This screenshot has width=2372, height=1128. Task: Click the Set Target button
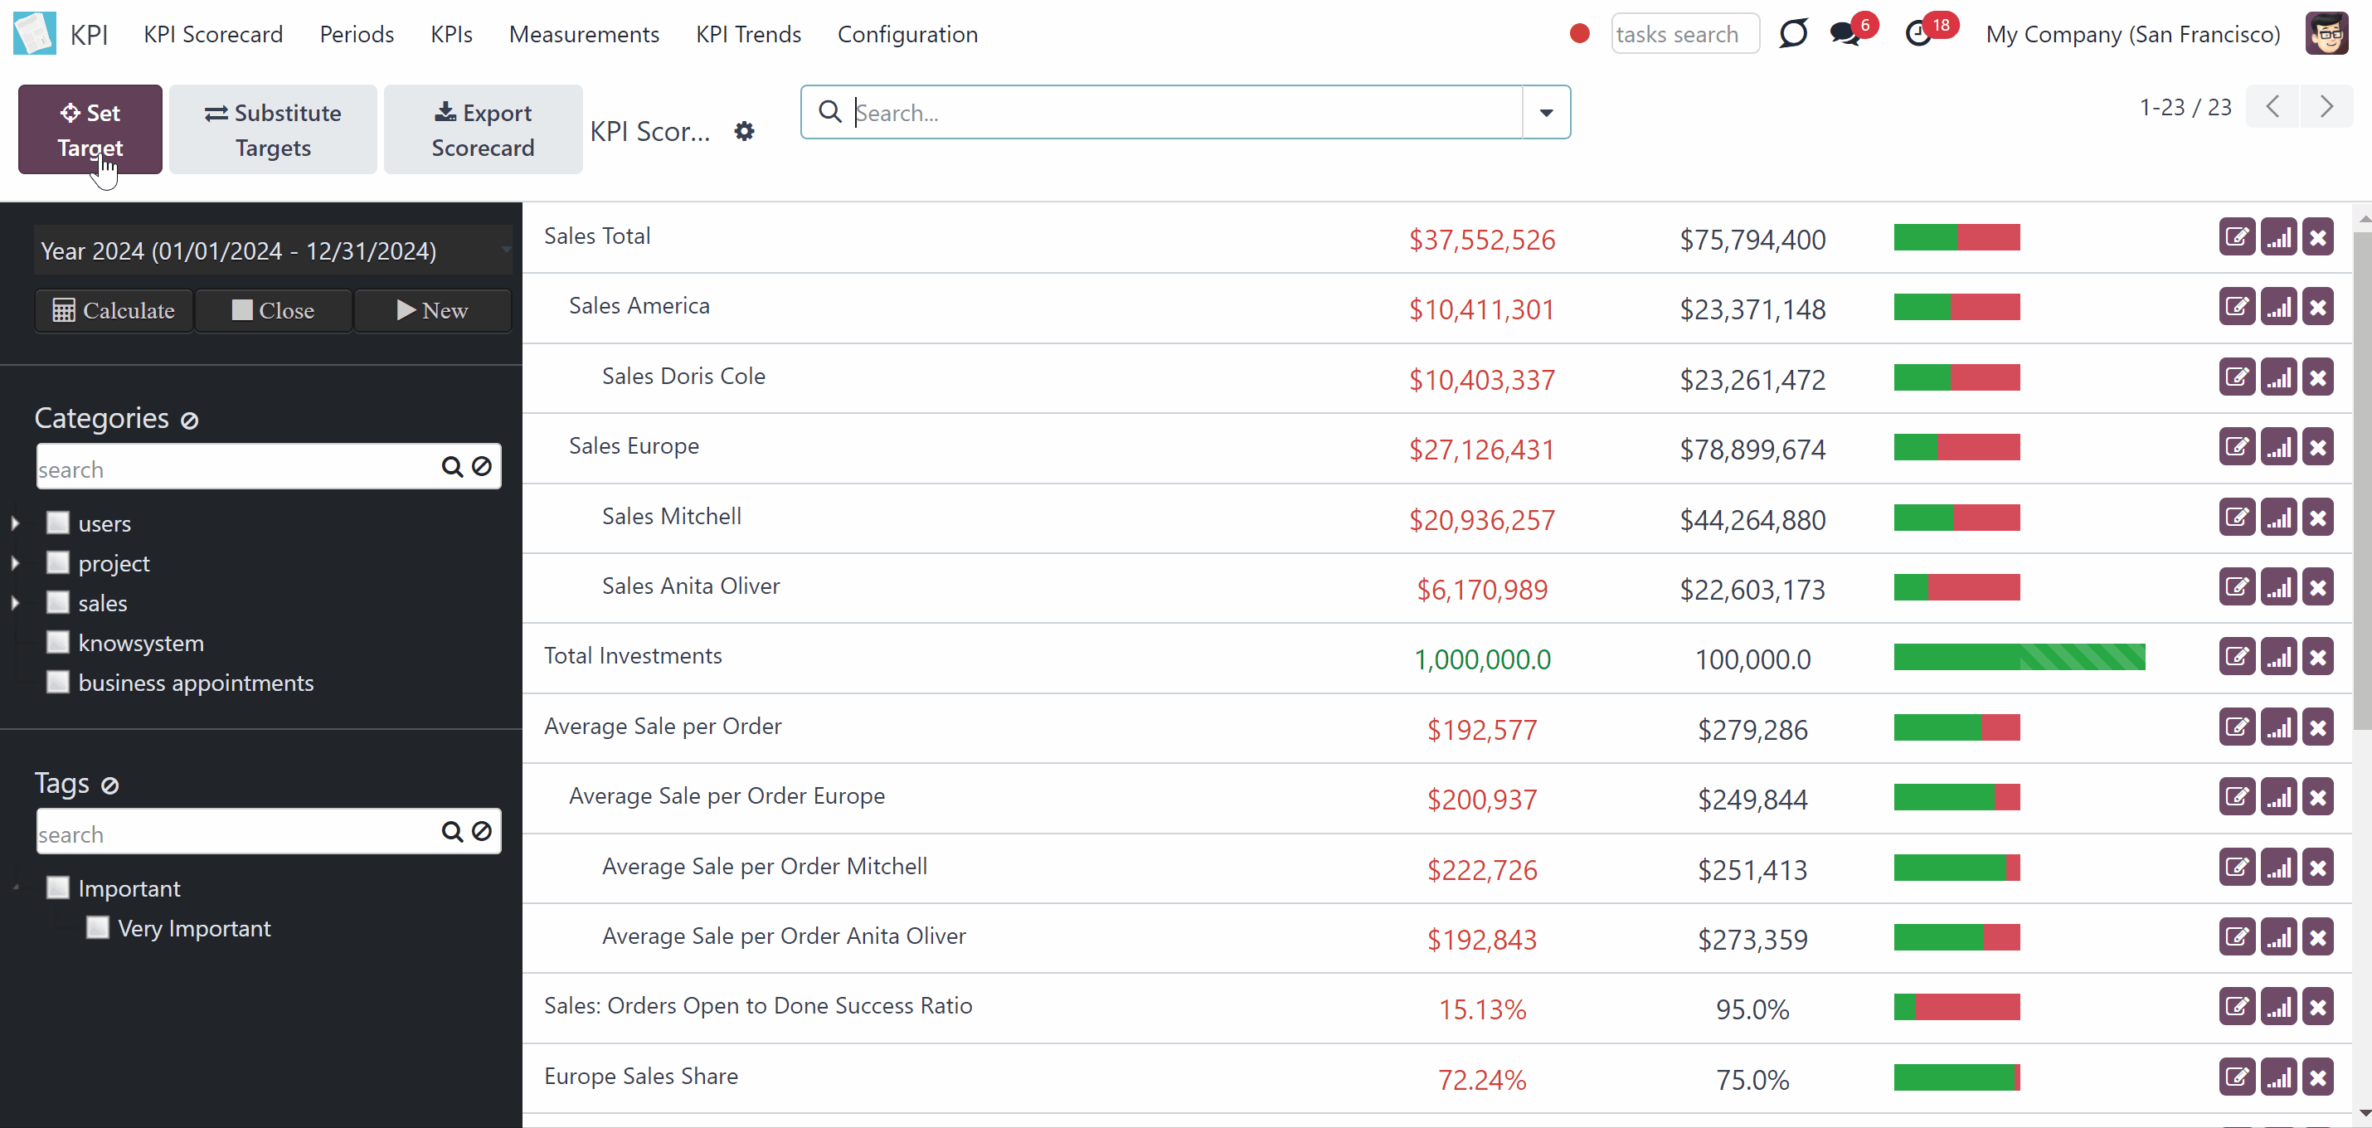(90, 130)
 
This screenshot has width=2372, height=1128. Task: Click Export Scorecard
(483, 130)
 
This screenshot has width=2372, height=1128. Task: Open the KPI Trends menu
(748, 34)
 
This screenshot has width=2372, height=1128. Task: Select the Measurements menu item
(584, 34)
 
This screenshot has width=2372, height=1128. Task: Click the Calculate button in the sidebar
(114, 310)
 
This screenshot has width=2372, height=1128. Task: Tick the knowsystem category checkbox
(58, 642)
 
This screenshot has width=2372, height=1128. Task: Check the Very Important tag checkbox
(98, 927)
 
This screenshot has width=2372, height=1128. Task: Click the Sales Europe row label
(634, 445)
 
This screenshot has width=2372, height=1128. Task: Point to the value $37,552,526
(1481, 240)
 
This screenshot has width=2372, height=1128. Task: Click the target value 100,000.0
(1752, 659)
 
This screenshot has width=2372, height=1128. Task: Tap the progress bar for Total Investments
(2020, 657)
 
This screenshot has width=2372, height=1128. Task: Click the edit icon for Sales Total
(2237, 237)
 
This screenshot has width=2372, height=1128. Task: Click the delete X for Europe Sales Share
(2317, 1077)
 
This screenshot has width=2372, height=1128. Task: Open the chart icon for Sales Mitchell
(2278, 518)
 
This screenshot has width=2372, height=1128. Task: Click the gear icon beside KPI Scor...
(744, 132)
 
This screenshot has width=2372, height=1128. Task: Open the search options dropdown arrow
(1546, 112)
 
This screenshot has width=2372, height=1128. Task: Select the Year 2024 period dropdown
(274, 250)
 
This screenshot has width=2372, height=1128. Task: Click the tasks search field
(1684, 34)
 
